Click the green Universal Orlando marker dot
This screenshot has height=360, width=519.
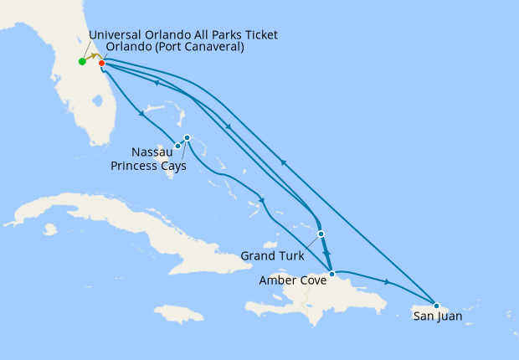tap(82, 61)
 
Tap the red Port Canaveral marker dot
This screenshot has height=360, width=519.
tap(101, 63)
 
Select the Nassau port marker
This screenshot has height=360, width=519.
tap(177, 147)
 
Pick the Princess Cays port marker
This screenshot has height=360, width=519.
tap(187, 137)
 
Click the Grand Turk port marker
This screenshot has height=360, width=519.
tap(321, 234)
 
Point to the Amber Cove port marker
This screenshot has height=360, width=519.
tap(332, 274)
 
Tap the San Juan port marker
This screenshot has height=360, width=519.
tap(436, 305)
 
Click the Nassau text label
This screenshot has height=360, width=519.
tap(153, 152)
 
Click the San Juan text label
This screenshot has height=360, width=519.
tap(437, 316)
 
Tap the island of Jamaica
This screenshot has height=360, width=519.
tap(178, 314)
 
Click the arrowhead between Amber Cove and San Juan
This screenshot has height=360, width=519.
tap(386, 282)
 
